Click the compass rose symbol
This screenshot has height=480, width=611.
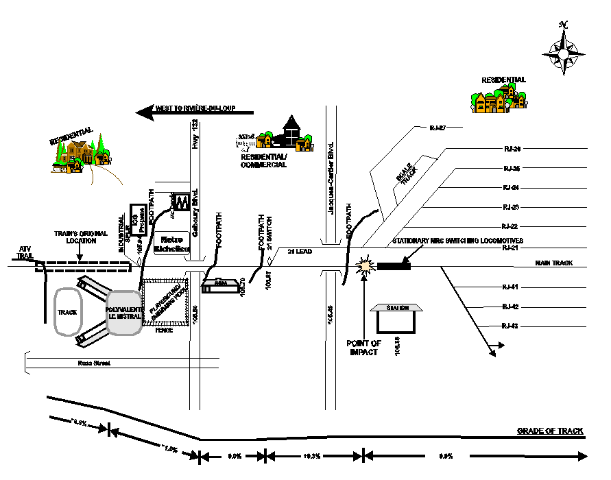[x=563, y=52]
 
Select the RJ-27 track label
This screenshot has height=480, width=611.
[x=437, y=128]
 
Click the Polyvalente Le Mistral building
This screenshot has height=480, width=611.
[x=124, y=313]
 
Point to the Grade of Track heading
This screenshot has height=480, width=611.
[x=550, y=431]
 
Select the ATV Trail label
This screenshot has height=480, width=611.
[x=25, y=252]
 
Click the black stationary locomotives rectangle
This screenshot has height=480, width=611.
[x=394, y=266]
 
